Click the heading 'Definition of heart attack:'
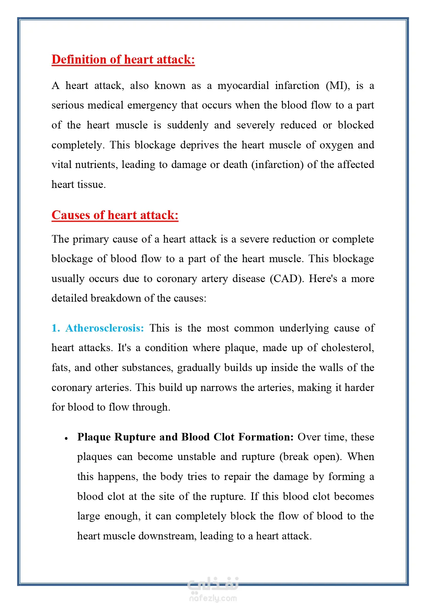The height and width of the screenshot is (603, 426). (x=123, y=59)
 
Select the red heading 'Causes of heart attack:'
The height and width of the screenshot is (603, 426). (x=115, y=215)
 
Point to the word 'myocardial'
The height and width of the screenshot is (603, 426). (x=243, y=86)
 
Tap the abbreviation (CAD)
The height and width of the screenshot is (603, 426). (x=287, y=278)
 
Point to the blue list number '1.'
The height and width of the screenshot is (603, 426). (x=56, y=328)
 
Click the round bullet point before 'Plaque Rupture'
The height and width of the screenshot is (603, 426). (x=66, y=438)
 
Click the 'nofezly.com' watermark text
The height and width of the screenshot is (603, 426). (x=213, y=598)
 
